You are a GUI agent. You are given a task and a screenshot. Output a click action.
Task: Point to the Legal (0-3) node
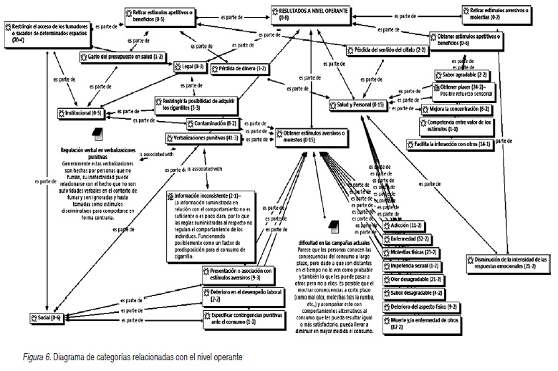click(x=190, y=67)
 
